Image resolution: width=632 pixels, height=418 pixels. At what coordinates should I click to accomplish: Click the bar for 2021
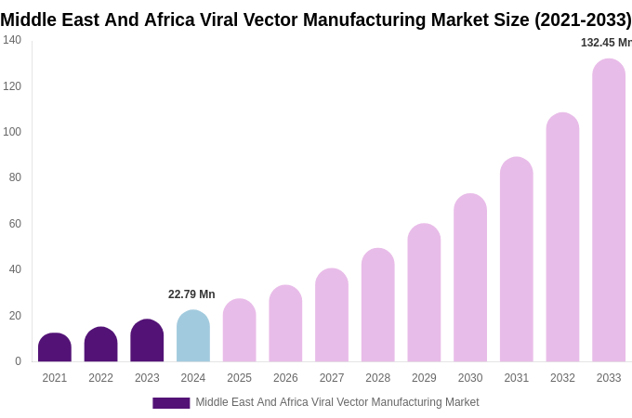pyautogui.click(x=55, y=347)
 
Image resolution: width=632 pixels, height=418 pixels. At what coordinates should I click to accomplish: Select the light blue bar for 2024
pyautogui.click(x=193, y=336)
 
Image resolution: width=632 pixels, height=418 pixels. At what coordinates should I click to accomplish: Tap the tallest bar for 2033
pyautogui.click(x=609, y=211)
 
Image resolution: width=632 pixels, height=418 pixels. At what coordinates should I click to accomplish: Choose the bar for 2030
pyautogui.click(x=470, y=278)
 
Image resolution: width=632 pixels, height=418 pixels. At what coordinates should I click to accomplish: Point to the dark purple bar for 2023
pyautogui.click(x=147, y=341)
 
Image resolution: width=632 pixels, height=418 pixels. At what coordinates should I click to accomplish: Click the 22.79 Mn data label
pyautogui.click(x=191, y=294)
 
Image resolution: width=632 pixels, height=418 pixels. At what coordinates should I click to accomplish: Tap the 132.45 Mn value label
pyautogui.click(x=605, y=43)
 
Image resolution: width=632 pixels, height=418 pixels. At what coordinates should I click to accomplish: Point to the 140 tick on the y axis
pyautogui.click(x=12, y=40)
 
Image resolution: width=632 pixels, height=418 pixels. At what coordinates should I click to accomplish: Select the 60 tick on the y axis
pyautogui.click(x=15, y=224)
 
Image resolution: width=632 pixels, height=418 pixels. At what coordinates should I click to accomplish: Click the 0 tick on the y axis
pyautogui.click(x=18, y=361)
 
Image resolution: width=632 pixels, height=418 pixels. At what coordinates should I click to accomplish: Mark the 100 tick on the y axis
pyautogui.click(x=12, y=132)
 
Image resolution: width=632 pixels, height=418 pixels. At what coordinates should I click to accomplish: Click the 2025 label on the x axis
pyautogui.click(x=239, y=378)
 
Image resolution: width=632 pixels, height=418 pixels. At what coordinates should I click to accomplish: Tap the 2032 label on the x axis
pyautogui.click(x=562, y=378)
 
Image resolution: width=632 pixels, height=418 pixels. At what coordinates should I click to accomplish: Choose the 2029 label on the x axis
pyautogui.click(x=424, y=378)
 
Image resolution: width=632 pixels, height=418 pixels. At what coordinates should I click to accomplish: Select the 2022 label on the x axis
pyautogui.click(x=100, y=378)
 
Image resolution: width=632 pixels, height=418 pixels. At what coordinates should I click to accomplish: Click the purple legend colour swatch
pyautogui.click(x=171, y=403)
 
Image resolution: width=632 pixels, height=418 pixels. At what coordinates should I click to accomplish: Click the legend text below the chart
pyautogui.click(x=336, y=402)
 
